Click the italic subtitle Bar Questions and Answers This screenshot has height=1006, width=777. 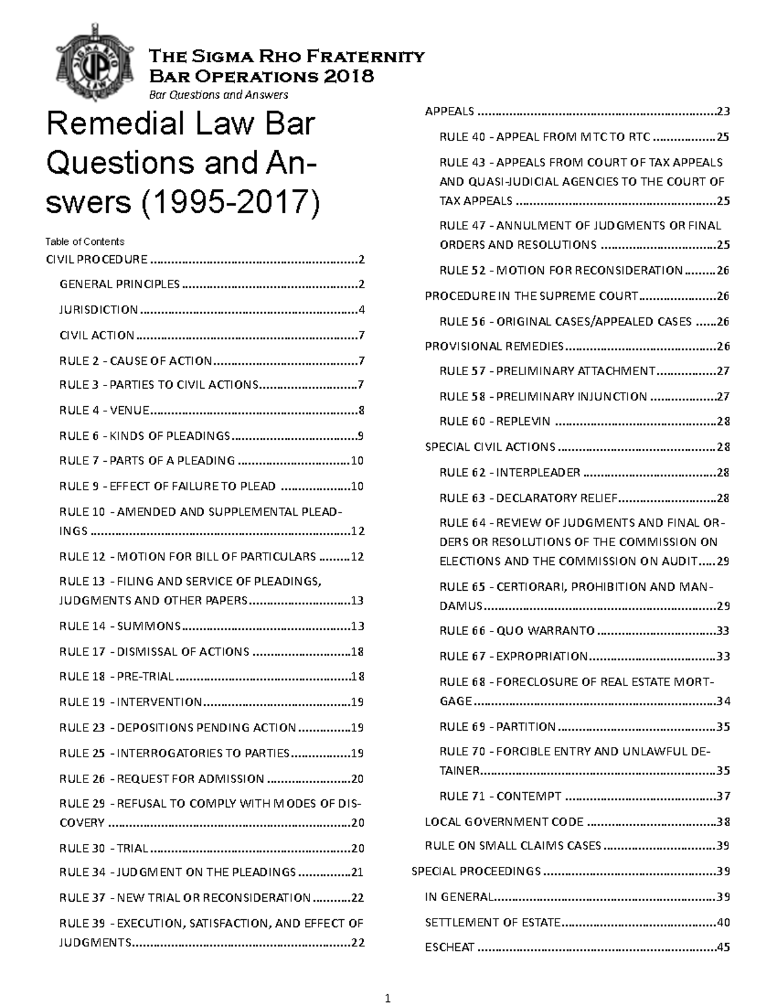pyautogui.click(x=219, y=95)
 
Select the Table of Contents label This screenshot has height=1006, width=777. pyautogui.click(x=84, y=242)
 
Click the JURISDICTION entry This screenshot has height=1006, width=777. pyautogui.click(x=98, y=310)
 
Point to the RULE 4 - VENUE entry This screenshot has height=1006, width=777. pyautogui.click(x=104, y=410)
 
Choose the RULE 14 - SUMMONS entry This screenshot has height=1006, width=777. pyautogui.click(x=120, y=626)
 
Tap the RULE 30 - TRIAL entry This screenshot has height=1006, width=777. pyautogui.click(x=104, y=848)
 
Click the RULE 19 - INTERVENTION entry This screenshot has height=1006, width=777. pyautogui.click(x=130, y=702)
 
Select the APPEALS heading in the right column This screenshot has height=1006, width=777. pyautogui.click(x=449, y=111)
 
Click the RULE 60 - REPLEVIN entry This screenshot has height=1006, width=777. pyautogui.click(x=495, y=422)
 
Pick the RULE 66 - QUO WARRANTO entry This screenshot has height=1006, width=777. pyautogui.click(x=517, y=631)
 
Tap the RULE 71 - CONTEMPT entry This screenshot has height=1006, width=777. pyautogui.click(x=500, y=796)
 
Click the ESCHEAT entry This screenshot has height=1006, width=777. pyautogui.click(x=449, y=947)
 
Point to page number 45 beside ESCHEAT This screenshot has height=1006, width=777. pyautogui.click(x=723, y=947)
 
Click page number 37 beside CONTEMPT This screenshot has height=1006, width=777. pyautogui.click(x=723, y=796)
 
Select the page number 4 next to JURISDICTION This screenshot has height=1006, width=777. pyautogui.click(x=361, y=310)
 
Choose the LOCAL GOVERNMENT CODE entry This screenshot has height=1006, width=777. pyautogui.click(x=504, y=822)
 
